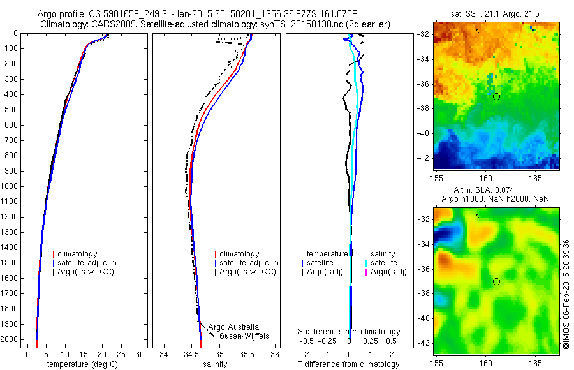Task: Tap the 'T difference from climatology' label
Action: pyautogui.click(x=349, y=364)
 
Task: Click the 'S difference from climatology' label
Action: pyautogui.click(x=350, y=332)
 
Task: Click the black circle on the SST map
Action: pyautogui.click(x=496, y=96)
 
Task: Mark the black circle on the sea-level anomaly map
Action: pyautogui.click(x=496, y=281)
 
